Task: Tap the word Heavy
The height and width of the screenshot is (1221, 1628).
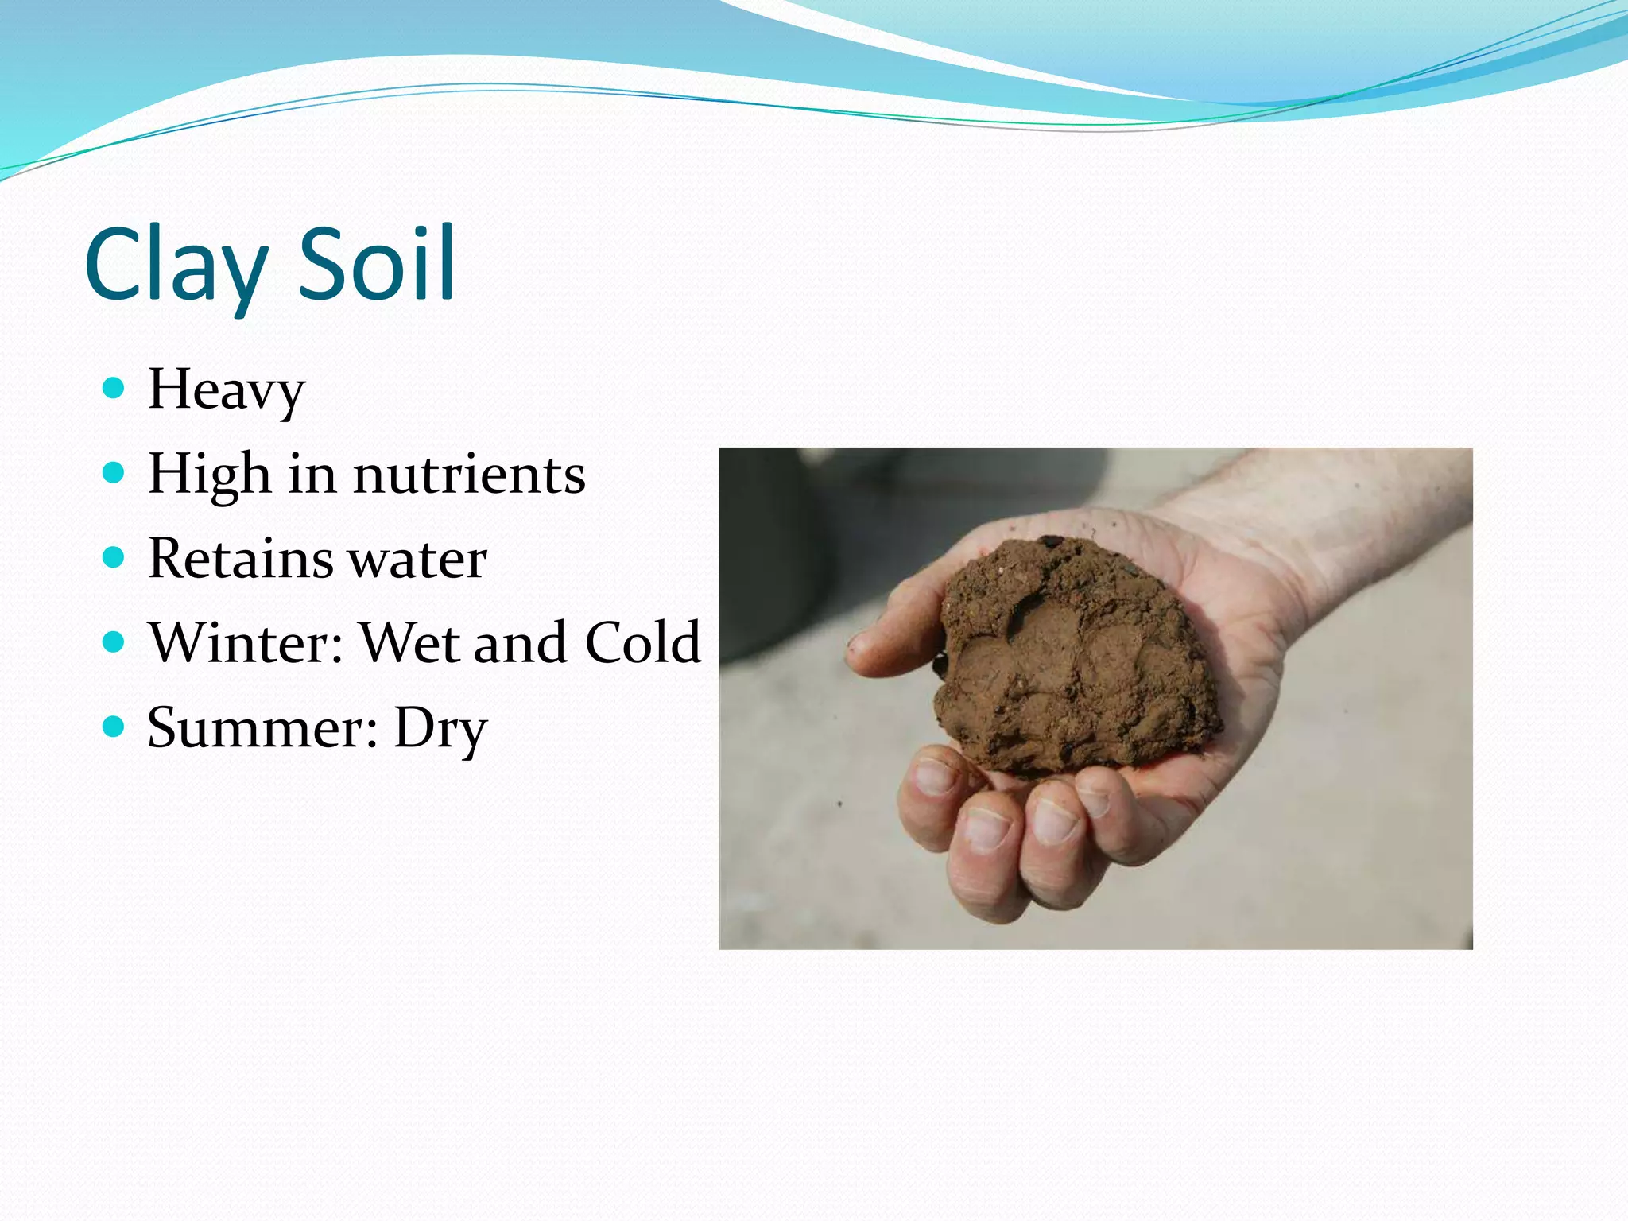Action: (x=227, y=390)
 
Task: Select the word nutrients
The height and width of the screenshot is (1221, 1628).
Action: (x=469, y=475)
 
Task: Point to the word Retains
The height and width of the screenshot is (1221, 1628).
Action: (x=240, y=559)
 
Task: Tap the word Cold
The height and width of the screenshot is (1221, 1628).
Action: (x=643, y=642)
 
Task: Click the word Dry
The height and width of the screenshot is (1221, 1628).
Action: (x=440, y=729)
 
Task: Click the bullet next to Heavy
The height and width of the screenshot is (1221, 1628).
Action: (x=114, y=388)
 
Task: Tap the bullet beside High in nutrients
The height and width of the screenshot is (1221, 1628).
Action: (x=114, y=473)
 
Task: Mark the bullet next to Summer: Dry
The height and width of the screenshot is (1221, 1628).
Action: (x=114, y=726)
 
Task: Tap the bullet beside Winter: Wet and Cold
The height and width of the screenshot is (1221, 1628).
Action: (x=114, y=642)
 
